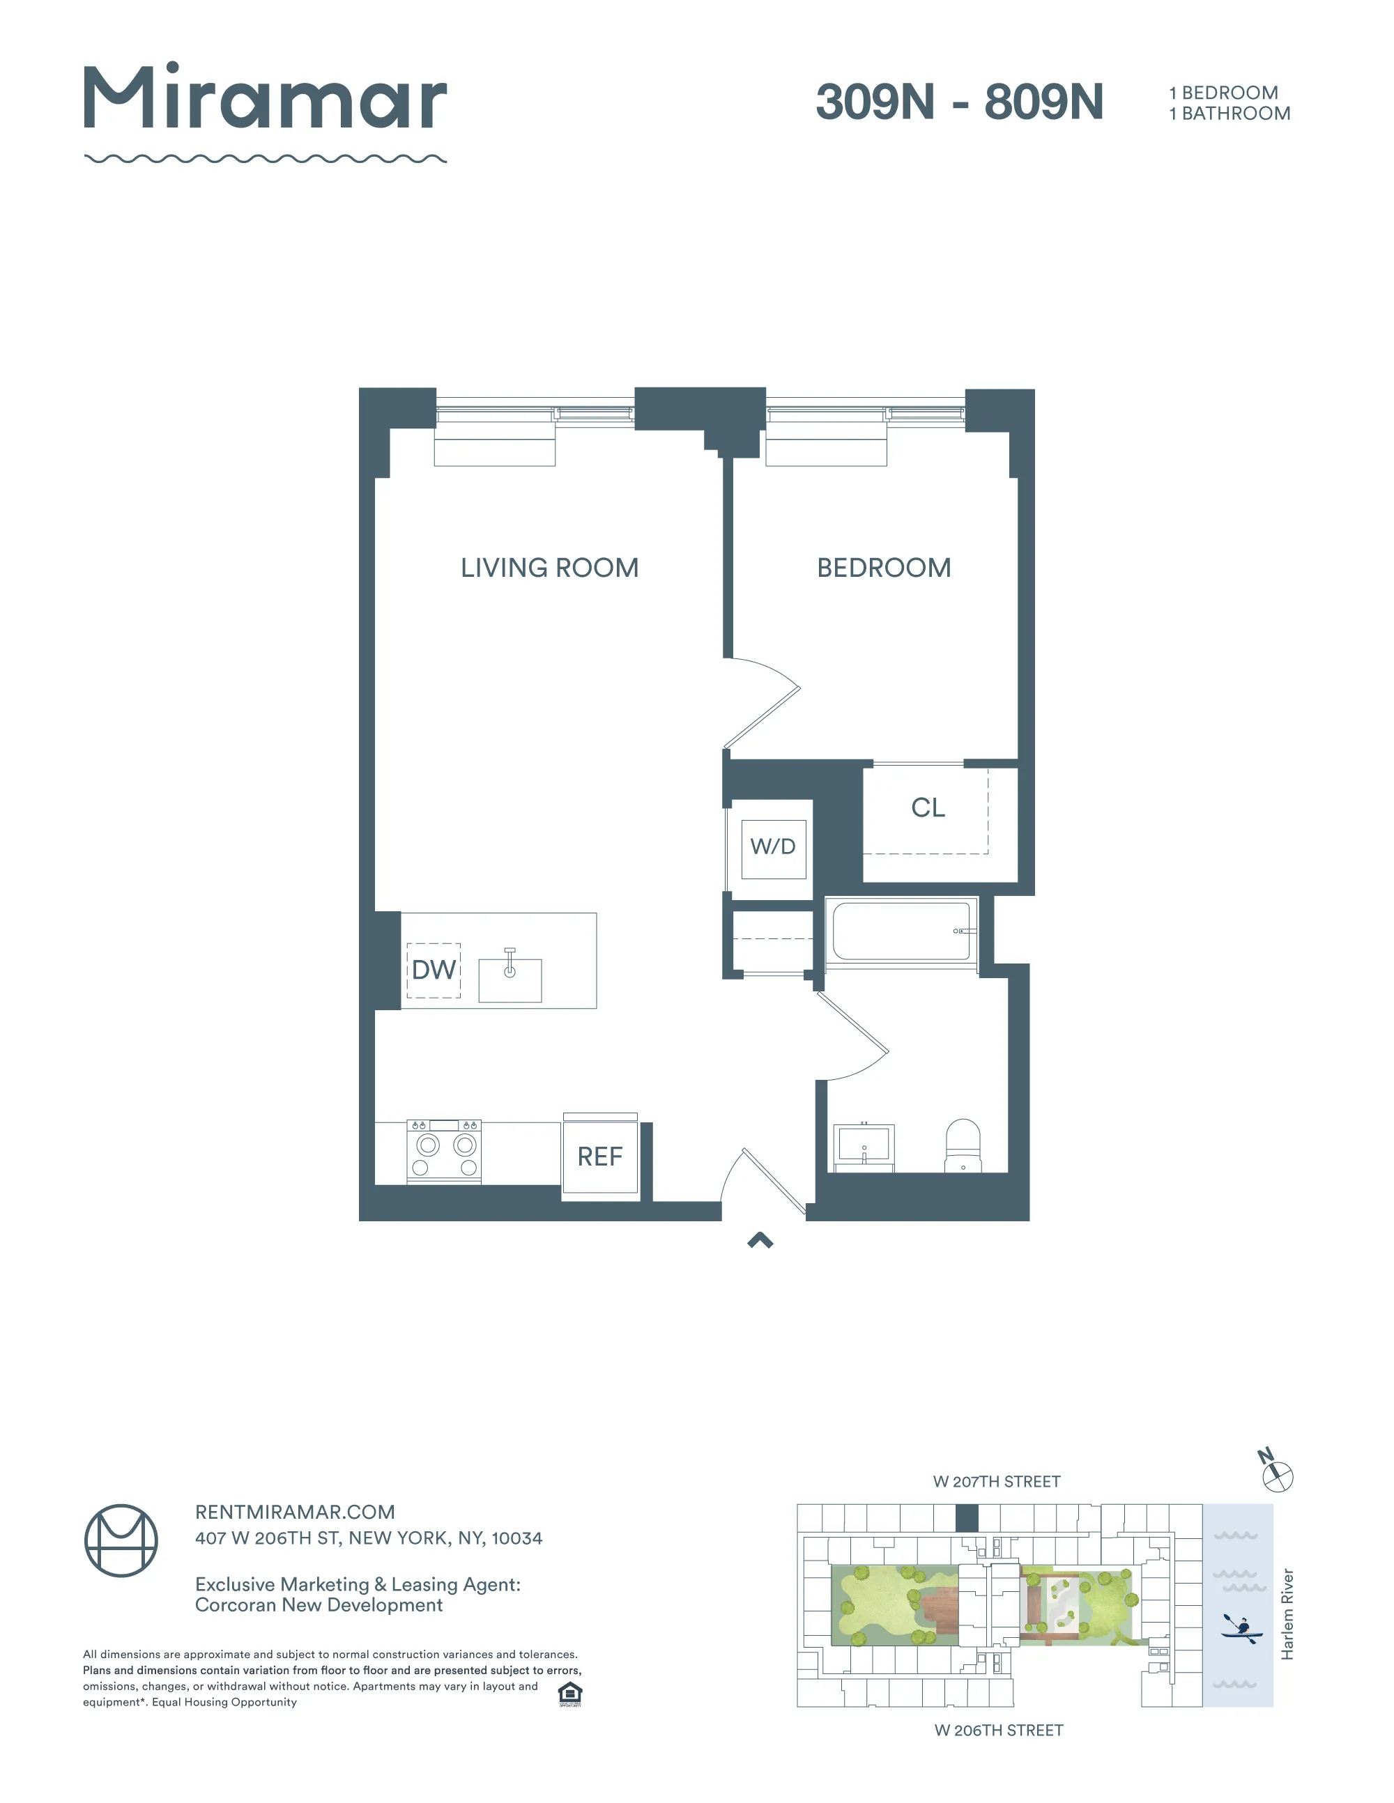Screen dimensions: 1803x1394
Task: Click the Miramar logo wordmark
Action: pos(264,99)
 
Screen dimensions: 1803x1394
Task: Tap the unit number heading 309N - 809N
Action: pos(959,102)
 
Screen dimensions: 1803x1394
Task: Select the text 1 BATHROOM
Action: pos(1229,114)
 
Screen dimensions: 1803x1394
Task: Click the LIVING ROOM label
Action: pos(549,568)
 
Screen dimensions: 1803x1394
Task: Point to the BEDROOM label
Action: pos(884,568)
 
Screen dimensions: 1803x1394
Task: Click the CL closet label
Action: pos(928,807)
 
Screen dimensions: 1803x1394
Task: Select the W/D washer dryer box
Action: pos(773,848)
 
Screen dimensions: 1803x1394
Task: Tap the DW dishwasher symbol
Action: pos(434,970)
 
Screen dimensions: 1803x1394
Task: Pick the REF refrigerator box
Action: pos(600,1156)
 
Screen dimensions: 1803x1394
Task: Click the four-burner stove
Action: pos(444,1152)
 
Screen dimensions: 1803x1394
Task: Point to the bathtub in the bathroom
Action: pos(901,931)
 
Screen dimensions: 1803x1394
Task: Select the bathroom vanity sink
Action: pos(864,1146)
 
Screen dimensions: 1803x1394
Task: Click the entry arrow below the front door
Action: pos(760,1240)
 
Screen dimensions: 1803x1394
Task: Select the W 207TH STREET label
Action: pos(996,1482)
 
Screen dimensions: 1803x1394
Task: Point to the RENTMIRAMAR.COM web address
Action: pos(295,1512)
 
